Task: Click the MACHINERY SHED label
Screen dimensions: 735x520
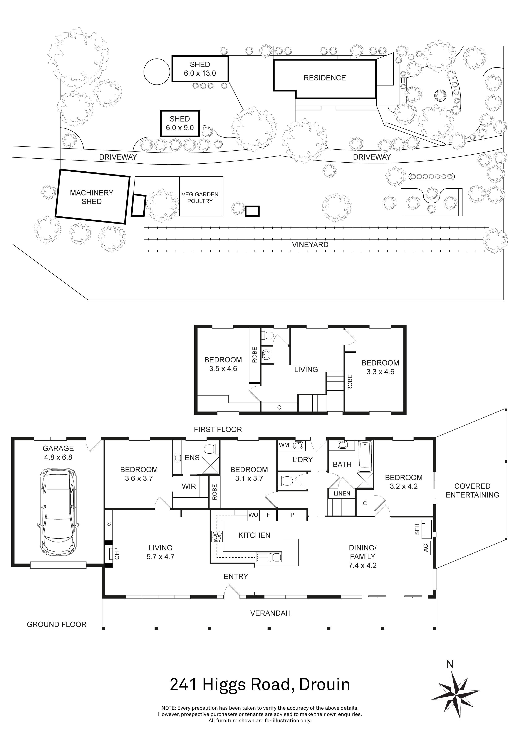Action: coord(92,197)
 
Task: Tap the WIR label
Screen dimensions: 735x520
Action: coord(189,487)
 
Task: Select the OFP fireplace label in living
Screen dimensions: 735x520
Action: coord(117,554)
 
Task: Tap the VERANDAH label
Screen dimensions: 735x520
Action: coord(270,613)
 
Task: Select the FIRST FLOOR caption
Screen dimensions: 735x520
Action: coord(218,430)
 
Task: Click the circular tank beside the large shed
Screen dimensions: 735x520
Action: coord(157,72)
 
